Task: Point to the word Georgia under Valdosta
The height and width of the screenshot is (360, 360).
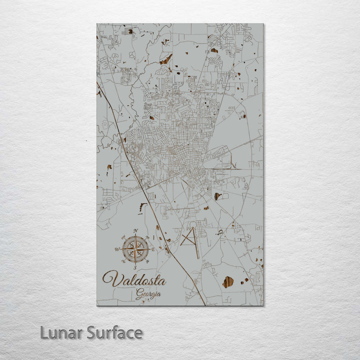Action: (148, 294)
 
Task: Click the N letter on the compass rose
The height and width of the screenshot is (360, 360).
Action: (135, 230)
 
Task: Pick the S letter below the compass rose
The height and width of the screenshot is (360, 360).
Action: (135, 267)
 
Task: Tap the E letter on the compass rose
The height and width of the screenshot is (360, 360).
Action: (153, 248)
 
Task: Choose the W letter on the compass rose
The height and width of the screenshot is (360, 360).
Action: (117, 249)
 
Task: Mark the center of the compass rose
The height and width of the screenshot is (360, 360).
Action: (135, 248)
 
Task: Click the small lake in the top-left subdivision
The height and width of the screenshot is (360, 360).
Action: (130, 31)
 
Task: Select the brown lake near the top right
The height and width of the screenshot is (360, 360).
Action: (214, 50)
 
